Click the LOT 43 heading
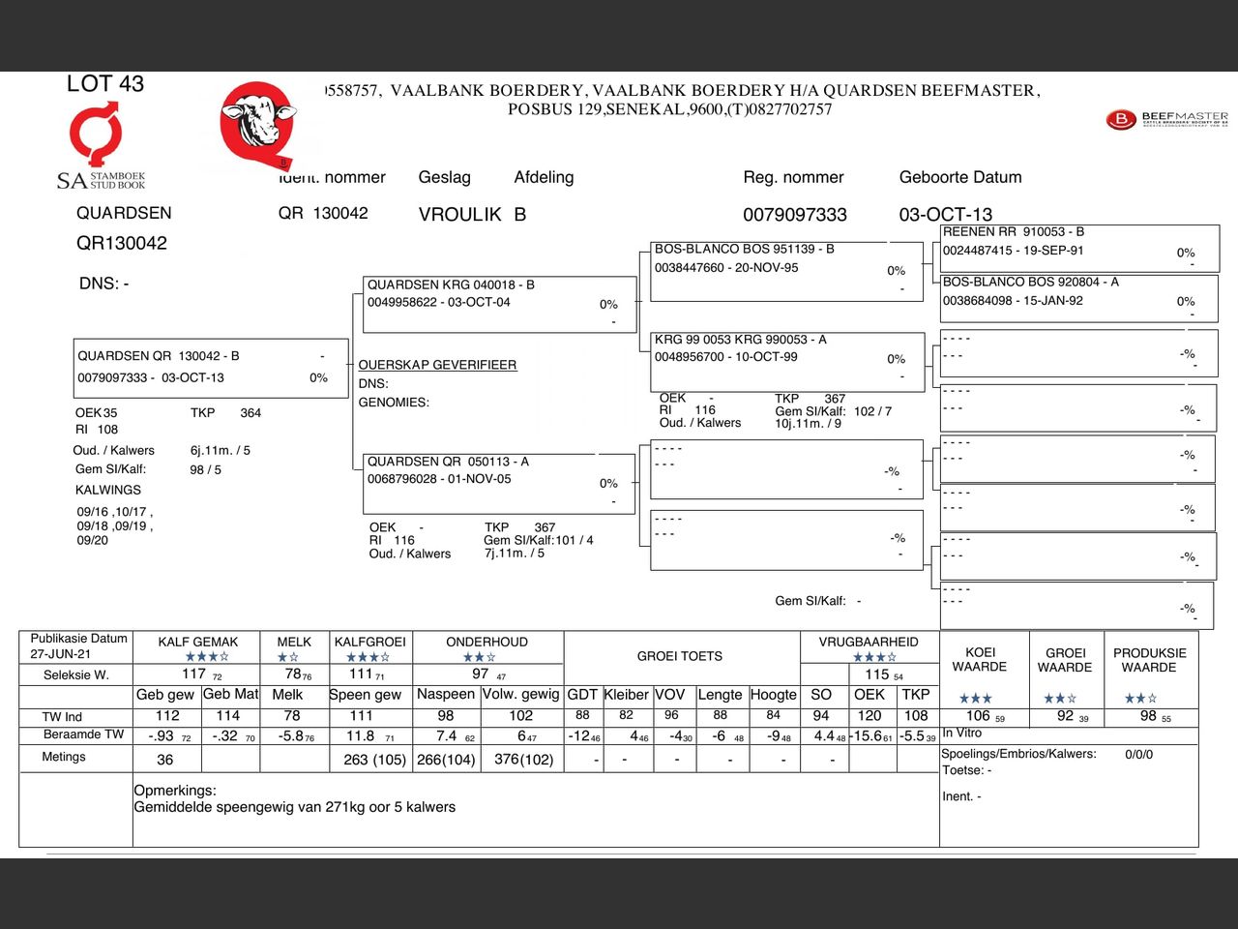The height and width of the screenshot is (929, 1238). [104, 84]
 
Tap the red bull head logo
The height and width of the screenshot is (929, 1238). [255, 122]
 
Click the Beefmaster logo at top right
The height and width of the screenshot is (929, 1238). [1165, 119]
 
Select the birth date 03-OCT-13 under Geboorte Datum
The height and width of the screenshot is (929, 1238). [945, 215]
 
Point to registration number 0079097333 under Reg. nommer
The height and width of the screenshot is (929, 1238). [794, 215]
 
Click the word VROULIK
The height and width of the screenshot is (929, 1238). [459, 215]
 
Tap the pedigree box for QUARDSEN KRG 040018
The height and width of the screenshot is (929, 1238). [499, 303]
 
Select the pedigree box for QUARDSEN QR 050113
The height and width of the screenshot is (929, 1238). [498, 481]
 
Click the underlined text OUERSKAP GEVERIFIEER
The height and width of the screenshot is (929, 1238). [437, 365]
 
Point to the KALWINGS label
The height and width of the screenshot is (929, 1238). [108, 490]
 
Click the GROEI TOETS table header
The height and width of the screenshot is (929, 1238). [679, 656]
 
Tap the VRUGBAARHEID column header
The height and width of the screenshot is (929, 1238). [869, 642]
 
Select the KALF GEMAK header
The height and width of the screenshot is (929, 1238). [197, 642]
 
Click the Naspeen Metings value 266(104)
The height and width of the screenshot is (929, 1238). [446, 760]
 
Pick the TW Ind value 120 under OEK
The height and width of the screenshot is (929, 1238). [869, 716]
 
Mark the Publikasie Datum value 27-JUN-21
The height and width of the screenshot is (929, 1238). [60, 654]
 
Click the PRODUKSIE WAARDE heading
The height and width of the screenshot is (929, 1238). [1149, 660]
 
